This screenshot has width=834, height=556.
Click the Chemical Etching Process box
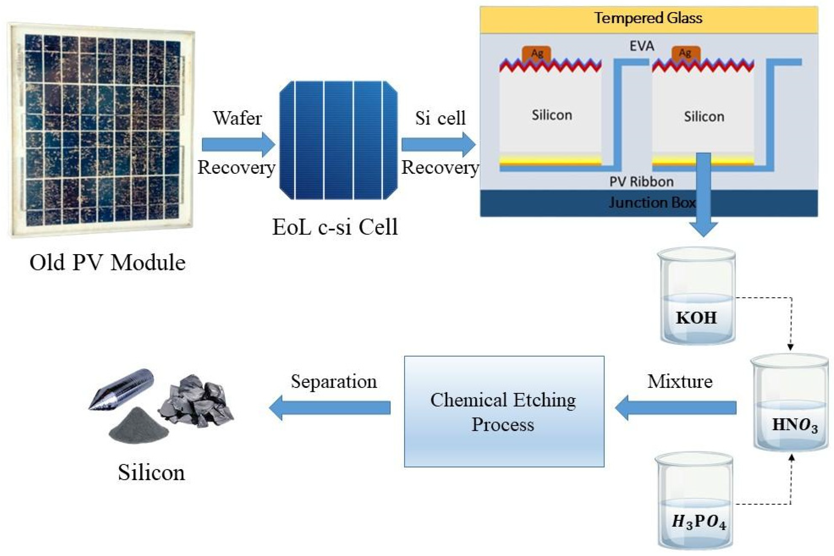point(503,411)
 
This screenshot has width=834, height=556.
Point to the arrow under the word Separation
point(330,408)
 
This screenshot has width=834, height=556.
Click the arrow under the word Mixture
point(675,408)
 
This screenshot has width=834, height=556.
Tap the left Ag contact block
point(536,54)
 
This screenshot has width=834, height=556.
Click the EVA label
point(642,46)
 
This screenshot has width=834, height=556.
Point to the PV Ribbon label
point(641,182)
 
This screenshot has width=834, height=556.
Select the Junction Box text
point(652,203)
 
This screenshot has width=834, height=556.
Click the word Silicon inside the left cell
point(551,115)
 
